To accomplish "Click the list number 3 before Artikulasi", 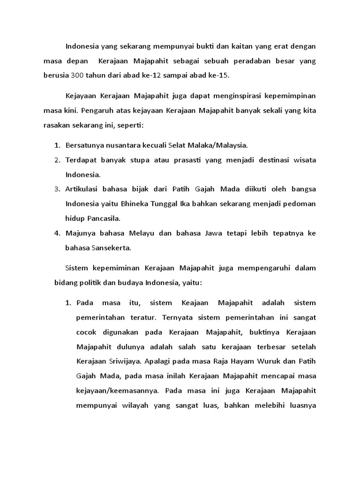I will point(57,189).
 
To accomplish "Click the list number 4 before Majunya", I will point(57,233).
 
